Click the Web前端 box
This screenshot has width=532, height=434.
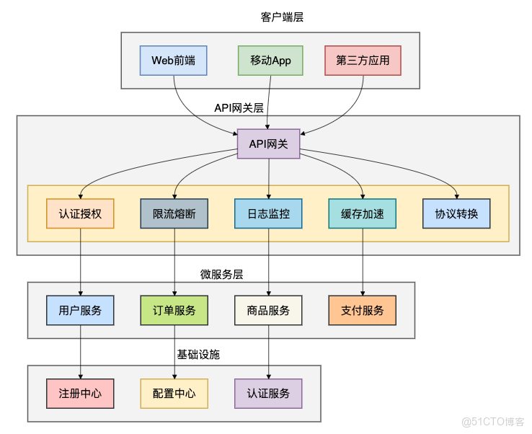tap(173, 61)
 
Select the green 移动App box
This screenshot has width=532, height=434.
tap(270, 61)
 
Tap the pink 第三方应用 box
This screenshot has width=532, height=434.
tap(363, 61)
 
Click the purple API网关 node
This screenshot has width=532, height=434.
tap(269, 144)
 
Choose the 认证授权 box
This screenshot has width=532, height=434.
tap(80, 213)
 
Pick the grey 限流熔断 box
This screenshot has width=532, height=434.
tap(174, 213)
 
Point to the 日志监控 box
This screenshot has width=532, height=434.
tap(268, 213)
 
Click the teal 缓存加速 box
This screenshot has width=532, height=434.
tap(362, 213)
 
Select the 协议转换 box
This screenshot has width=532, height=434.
tap(456, 213)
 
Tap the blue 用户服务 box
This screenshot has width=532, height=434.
tap(80, 310)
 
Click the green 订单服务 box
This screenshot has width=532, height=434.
tap(174, 310)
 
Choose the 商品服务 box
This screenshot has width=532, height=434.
tap(268, 310)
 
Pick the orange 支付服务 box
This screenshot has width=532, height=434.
tap(362, 310)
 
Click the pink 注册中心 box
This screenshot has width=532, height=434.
tap(80, 394)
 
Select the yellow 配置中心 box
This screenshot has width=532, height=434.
tap(174, 394)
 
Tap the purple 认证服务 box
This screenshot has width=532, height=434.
tap(268, 394)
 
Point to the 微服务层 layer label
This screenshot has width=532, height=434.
tap(221, 275)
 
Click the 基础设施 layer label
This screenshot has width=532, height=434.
tap(198, 355)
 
